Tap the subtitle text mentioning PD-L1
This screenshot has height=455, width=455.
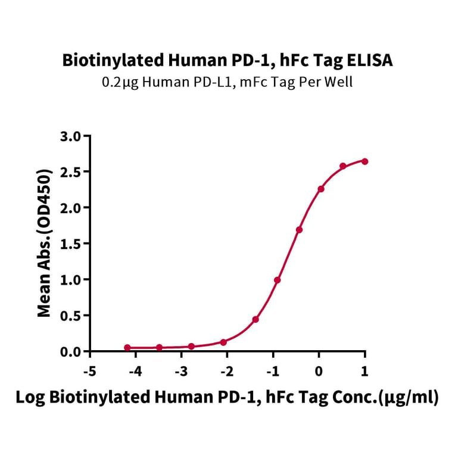coord(227,82)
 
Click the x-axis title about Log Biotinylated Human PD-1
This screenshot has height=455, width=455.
coord(227,398)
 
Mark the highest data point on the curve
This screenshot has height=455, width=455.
coord(364,161)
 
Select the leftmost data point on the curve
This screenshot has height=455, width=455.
coord(127,347)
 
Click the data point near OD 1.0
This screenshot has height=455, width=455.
coord(278,280)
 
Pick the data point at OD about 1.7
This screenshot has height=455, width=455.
coord(299,229)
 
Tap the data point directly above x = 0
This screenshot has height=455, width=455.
coord(321,189)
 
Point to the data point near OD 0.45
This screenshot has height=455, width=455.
coord(255,319)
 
